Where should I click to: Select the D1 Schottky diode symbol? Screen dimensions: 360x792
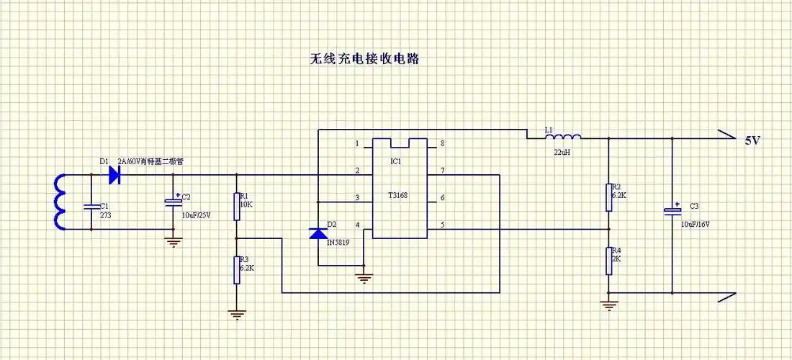(114, 174)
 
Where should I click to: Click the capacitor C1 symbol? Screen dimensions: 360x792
(91, 207)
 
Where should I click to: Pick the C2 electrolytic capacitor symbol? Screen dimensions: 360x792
(173, 203)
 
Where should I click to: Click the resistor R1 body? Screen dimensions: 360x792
(236, 206)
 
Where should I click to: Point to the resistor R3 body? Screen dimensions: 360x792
(236, 269)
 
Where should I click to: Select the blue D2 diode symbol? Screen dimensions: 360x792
(318, 233)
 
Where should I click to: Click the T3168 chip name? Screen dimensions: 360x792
(397, 195)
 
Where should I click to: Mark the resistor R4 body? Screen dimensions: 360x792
(608, 261)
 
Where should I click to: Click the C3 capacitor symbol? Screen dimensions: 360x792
(672, 212)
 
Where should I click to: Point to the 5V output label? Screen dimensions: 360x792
(752, 141)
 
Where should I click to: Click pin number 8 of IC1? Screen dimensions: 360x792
(442, 143)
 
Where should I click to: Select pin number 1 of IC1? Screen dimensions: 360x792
(357, 143)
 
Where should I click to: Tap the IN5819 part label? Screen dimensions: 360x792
(338, 243)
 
